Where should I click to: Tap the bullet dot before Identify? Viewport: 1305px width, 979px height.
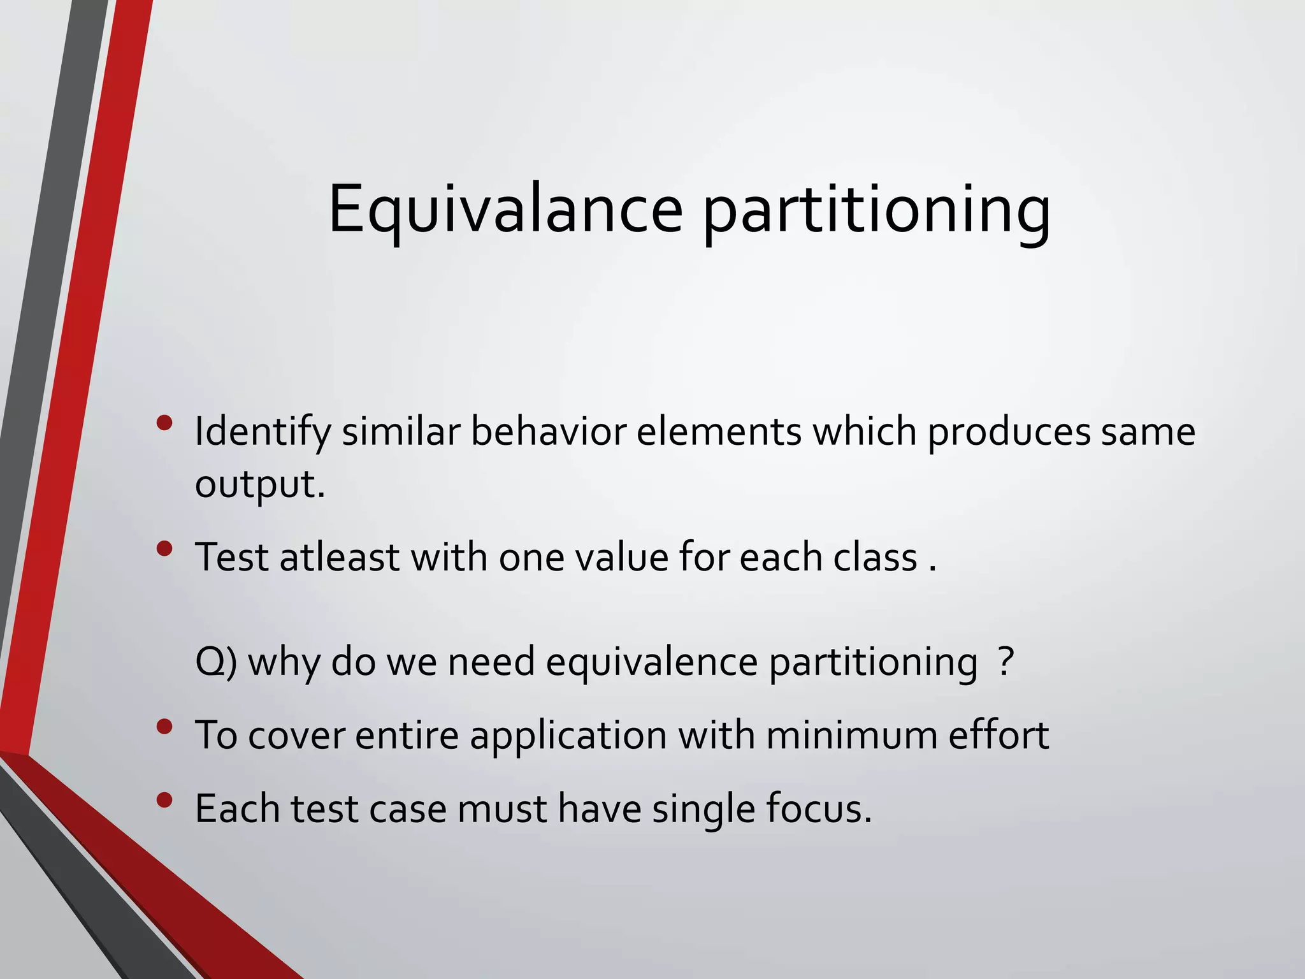[164, 423]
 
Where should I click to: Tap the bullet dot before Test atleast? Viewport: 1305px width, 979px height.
[164, 548]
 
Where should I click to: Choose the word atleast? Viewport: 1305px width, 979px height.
[339, 558]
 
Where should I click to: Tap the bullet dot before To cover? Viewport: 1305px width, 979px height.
[164, 727]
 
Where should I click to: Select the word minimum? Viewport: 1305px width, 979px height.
[851, 736]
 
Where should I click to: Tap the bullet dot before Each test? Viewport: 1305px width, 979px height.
[164, 800]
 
